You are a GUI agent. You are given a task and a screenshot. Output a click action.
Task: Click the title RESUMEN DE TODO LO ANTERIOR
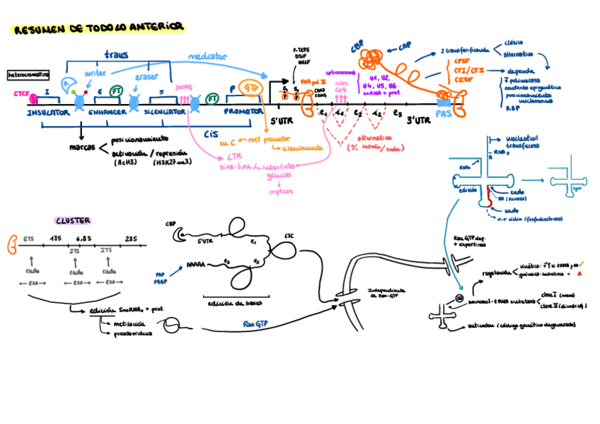pyautogui.click(x=99, y=28)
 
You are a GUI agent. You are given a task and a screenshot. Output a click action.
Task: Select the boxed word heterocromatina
pyautogui.click(x=28, y=74)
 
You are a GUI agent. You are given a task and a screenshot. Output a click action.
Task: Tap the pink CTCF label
pyautogui.click(x=21, y=94)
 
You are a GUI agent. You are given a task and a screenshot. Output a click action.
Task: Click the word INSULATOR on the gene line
pyautogui.click(x=48, y=113)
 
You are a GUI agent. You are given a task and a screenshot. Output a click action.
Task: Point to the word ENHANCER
pyautogui.click(x=108, y=113)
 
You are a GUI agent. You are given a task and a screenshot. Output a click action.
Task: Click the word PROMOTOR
pyautogui.click(x=243, y=113)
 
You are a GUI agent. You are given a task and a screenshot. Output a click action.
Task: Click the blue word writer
pyautogui.click(x=95, y=73)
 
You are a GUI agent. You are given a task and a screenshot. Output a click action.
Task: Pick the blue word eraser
pyautogui.click(x=146, y=76)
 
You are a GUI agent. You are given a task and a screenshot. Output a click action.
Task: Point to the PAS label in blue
pyautogui.click(x=444, y=113)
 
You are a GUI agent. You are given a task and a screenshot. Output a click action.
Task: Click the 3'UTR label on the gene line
pyautogui.click(x=419, y=121)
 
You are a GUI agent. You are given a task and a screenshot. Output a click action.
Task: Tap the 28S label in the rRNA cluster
pyautogui.click(x=131, y=240)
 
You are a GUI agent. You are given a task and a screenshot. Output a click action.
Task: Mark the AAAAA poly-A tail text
pyautogui.click(x=195, y=268)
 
